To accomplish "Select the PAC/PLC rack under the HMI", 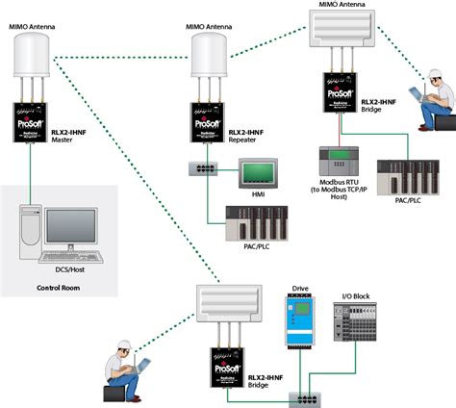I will coord(252,224).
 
